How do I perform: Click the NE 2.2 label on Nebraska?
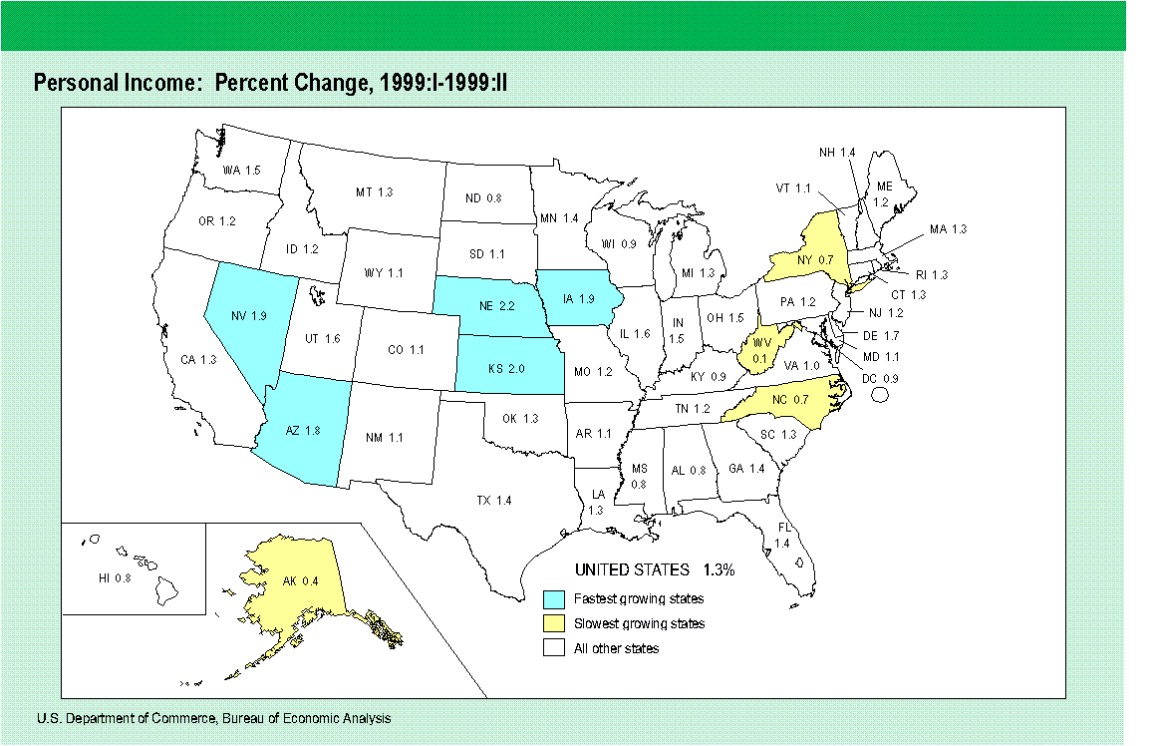tap(485, 305)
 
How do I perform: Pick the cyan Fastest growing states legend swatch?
tap(555, 599)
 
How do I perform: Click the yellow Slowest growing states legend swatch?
tap(555, 623)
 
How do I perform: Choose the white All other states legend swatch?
tap(555, 648)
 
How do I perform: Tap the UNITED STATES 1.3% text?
tap(654, 570)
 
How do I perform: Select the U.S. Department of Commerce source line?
tap(213, 718)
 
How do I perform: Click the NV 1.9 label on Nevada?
tap(248, 316)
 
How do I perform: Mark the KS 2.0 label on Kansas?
tap(507, 368)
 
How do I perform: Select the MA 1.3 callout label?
tap(948, 229)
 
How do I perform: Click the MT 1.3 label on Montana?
tap(374, 191)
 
